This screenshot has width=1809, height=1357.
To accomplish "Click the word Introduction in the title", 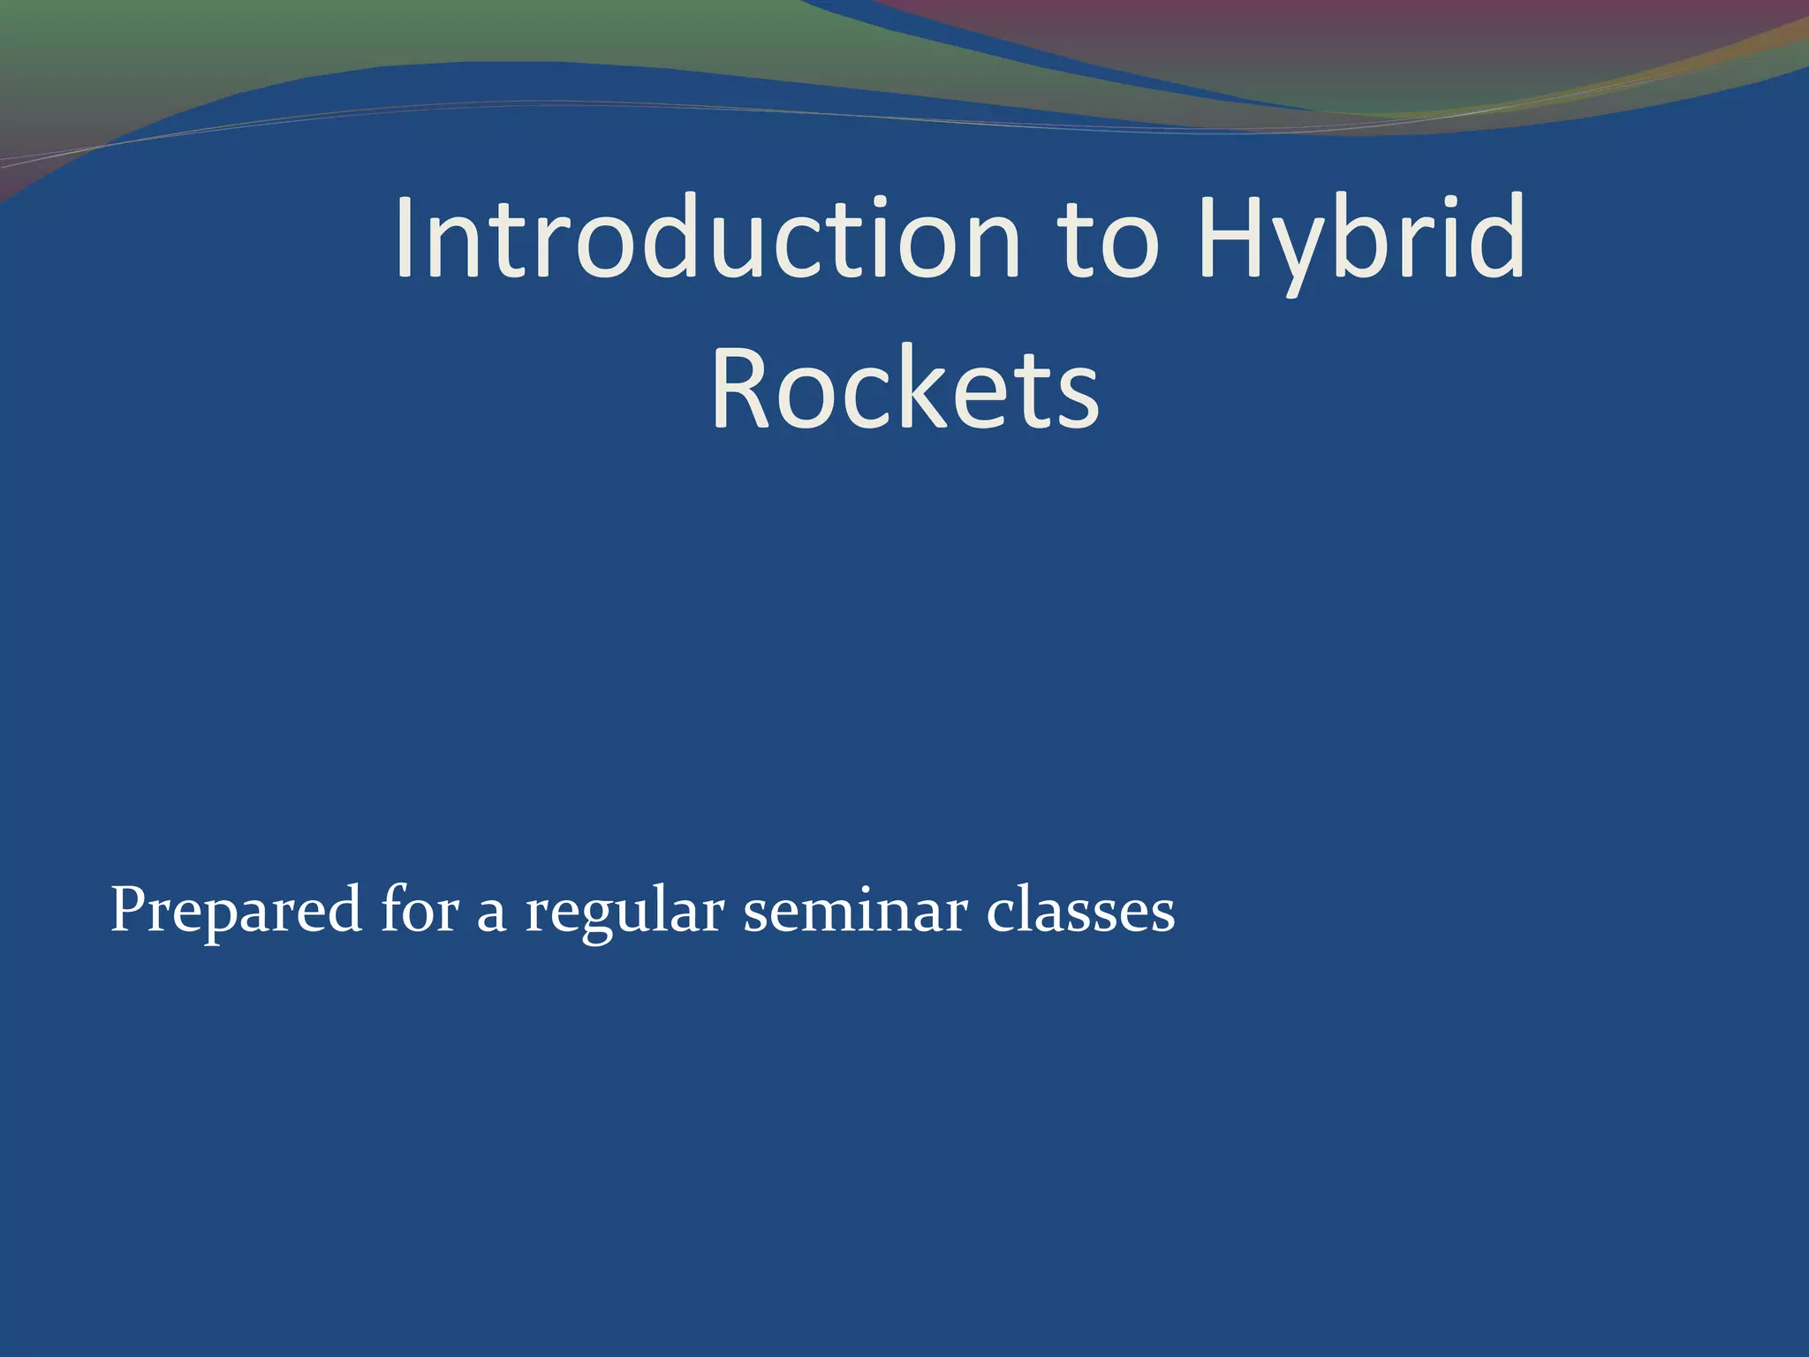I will click(x=707, y=239).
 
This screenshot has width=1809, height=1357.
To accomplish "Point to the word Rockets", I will click(x=905, y=389).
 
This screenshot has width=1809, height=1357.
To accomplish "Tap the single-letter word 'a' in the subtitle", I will click(x=491, y=914).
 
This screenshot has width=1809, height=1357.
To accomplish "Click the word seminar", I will click(x=854, y=910).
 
